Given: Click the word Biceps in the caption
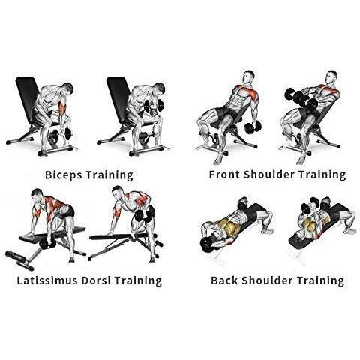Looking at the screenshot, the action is point(64,175).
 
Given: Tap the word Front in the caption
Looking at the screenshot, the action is point(224,175).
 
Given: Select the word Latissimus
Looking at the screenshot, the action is point(47,280).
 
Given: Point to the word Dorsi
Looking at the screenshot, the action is point(96,280).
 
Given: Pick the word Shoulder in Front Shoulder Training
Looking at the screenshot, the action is point(268,175).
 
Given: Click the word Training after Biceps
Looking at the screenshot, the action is point(109,175).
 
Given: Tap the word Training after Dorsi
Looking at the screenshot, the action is point(138,280).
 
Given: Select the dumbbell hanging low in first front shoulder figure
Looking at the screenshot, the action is point(253,127).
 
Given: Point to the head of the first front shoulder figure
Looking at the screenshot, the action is point(248,76).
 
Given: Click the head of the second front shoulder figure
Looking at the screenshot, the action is point(331,76).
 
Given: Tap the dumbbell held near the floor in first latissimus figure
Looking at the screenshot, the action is point(46,243).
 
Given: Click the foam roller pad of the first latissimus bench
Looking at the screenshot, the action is point(19,260).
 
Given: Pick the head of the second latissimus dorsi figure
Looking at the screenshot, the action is point(118,193).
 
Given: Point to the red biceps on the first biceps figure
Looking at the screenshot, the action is point(62,108).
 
